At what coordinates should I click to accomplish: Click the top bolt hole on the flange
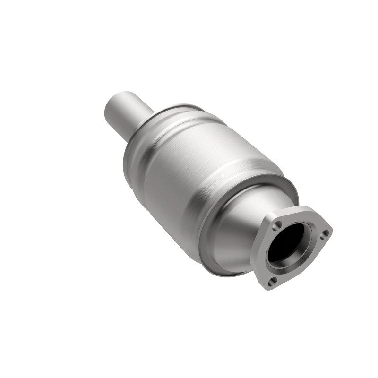279,224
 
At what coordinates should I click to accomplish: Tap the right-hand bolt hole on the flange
324,233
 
